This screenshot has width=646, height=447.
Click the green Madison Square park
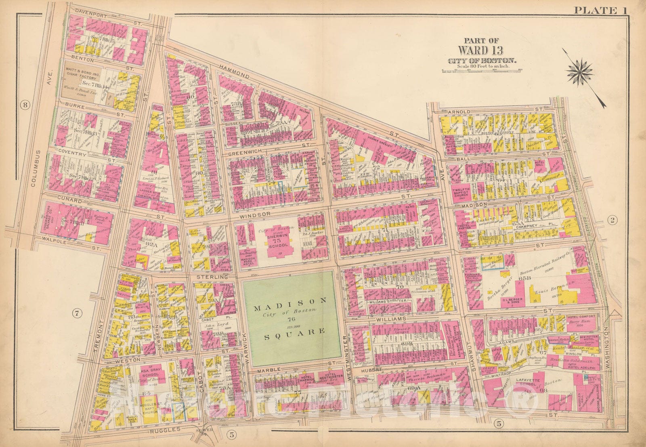click(x=289, y=319)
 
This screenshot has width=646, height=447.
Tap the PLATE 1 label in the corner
click(x=600, y=10)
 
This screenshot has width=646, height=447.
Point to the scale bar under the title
click(x=480, y=70)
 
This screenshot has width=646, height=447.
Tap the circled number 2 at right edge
click(x=612, y=220)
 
